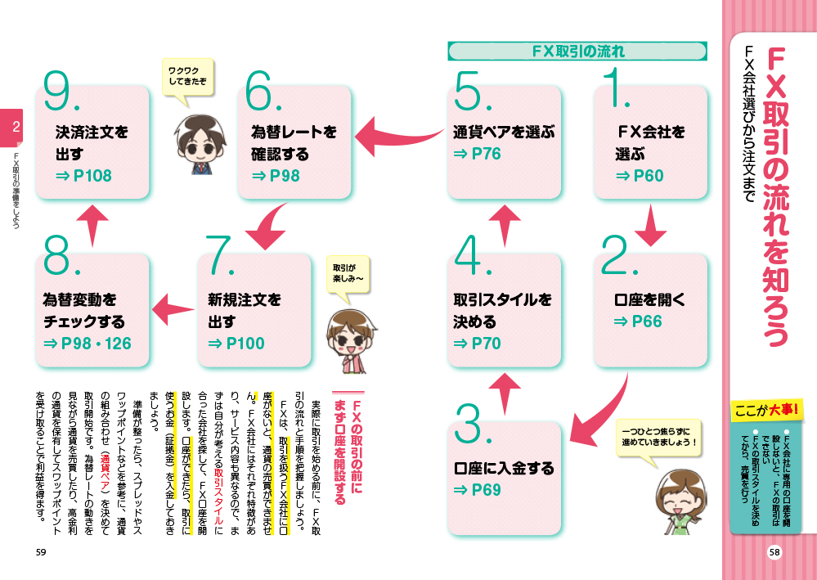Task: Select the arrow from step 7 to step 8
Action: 173,308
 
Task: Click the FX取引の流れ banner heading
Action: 578,52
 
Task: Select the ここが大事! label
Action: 769,410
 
